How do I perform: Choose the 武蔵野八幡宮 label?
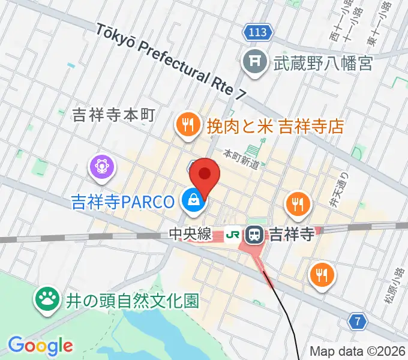pyautogui.click(x=323, y=62)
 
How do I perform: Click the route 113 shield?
pyautogui.click(x=258, y=32)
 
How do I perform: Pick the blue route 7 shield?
pyautogui.click(x=358, y=322)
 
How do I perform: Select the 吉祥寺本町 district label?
pyautogui.click(x=113, y=116)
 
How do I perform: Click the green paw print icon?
pyautogui.click(x=47, y=299)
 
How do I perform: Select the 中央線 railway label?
pyautogui.click(x=190, y=234)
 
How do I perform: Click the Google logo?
pyautogui.click(x=40, y=346)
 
